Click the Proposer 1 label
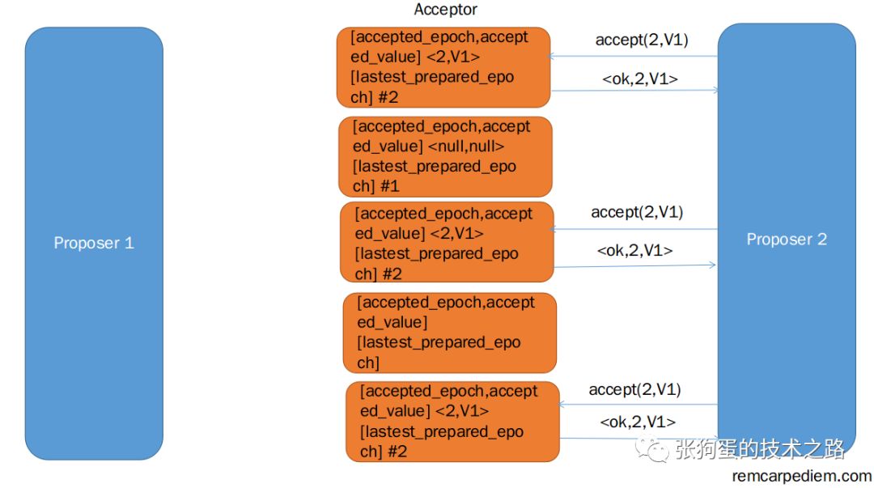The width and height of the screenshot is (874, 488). (x=94, y=243)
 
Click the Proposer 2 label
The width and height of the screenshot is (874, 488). (x=787, y=240)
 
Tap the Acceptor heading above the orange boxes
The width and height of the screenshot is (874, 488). (x=446, y=10)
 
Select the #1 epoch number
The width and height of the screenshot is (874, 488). (x=391, y=186)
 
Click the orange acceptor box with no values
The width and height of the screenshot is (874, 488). (x=450, y=333)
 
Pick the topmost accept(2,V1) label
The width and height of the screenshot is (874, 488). (x=642, y=40)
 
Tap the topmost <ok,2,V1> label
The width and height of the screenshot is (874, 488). (x=640, y=79)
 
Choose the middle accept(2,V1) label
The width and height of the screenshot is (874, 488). (x=638, y=212)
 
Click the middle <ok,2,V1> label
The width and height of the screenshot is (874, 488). (x=635, y=250)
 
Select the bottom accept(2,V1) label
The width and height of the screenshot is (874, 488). (x=635, y=389)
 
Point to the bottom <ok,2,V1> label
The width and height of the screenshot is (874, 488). (x=639, y=422)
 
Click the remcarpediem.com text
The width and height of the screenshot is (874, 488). (x=802, y=476)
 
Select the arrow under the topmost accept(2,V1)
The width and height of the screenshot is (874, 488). (x=634, y=57)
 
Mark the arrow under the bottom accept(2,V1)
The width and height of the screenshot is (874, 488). (x=639, y=405)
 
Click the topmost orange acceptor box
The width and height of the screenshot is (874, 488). (x=443, y=67)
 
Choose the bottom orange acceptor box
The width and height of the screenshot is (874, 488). (x=452, y=421)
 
